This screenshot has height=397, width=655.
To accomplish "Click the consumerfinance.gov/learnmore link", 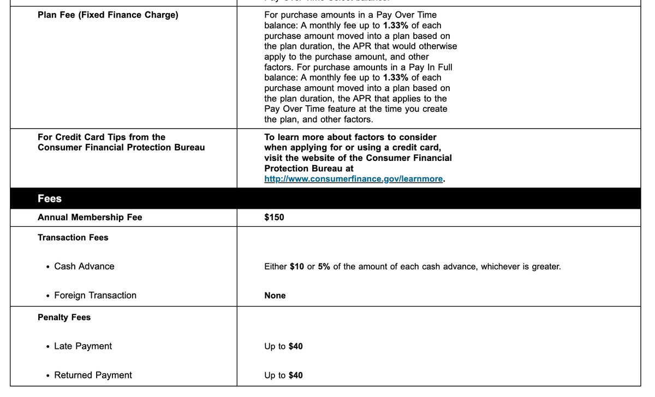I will [x=353, y=179].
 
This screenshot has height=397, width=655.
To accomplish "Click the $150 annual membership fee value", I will [x=274, y=218].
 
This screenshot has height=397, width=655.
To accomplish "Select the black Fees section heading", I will [x=50, y=198].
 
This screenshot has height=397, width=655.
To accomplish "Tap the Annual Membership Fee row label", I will [x=90, y=218].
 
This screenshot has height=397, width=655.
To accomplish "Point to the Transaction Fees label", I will [x=73, y=238].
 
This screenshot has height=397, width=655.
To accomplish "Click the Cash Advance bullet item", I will [x=84, y=267].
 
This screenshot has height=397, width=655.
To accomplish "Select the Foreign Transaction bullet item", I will [x=95, y=296].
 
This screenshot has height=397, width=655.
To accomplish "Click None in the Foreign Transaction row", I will [x=275, y=296].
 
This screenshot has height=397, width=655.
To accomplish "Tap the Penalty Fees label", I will [x=64, y=317].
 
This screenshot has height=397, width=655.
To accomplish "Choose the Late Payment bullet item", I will [x=82, y=346].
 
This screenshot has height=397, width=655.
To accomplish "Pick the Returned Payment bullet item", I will [x=93, y=375].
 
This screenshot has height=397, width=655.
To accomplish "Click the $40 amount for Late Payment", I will [x=295, y=346].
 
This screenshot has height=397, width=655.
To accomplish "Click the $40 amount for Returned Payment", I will [x=295, y=375].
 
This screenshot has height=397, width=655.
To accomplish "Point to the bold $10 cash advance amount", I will [x=297, y=267].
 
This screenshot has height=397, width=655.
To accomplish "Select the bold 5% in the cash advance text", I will [x=324, y=267].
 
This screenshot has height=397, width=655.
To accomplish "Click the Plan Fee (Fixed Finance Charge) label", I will [x=108, y=15].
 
